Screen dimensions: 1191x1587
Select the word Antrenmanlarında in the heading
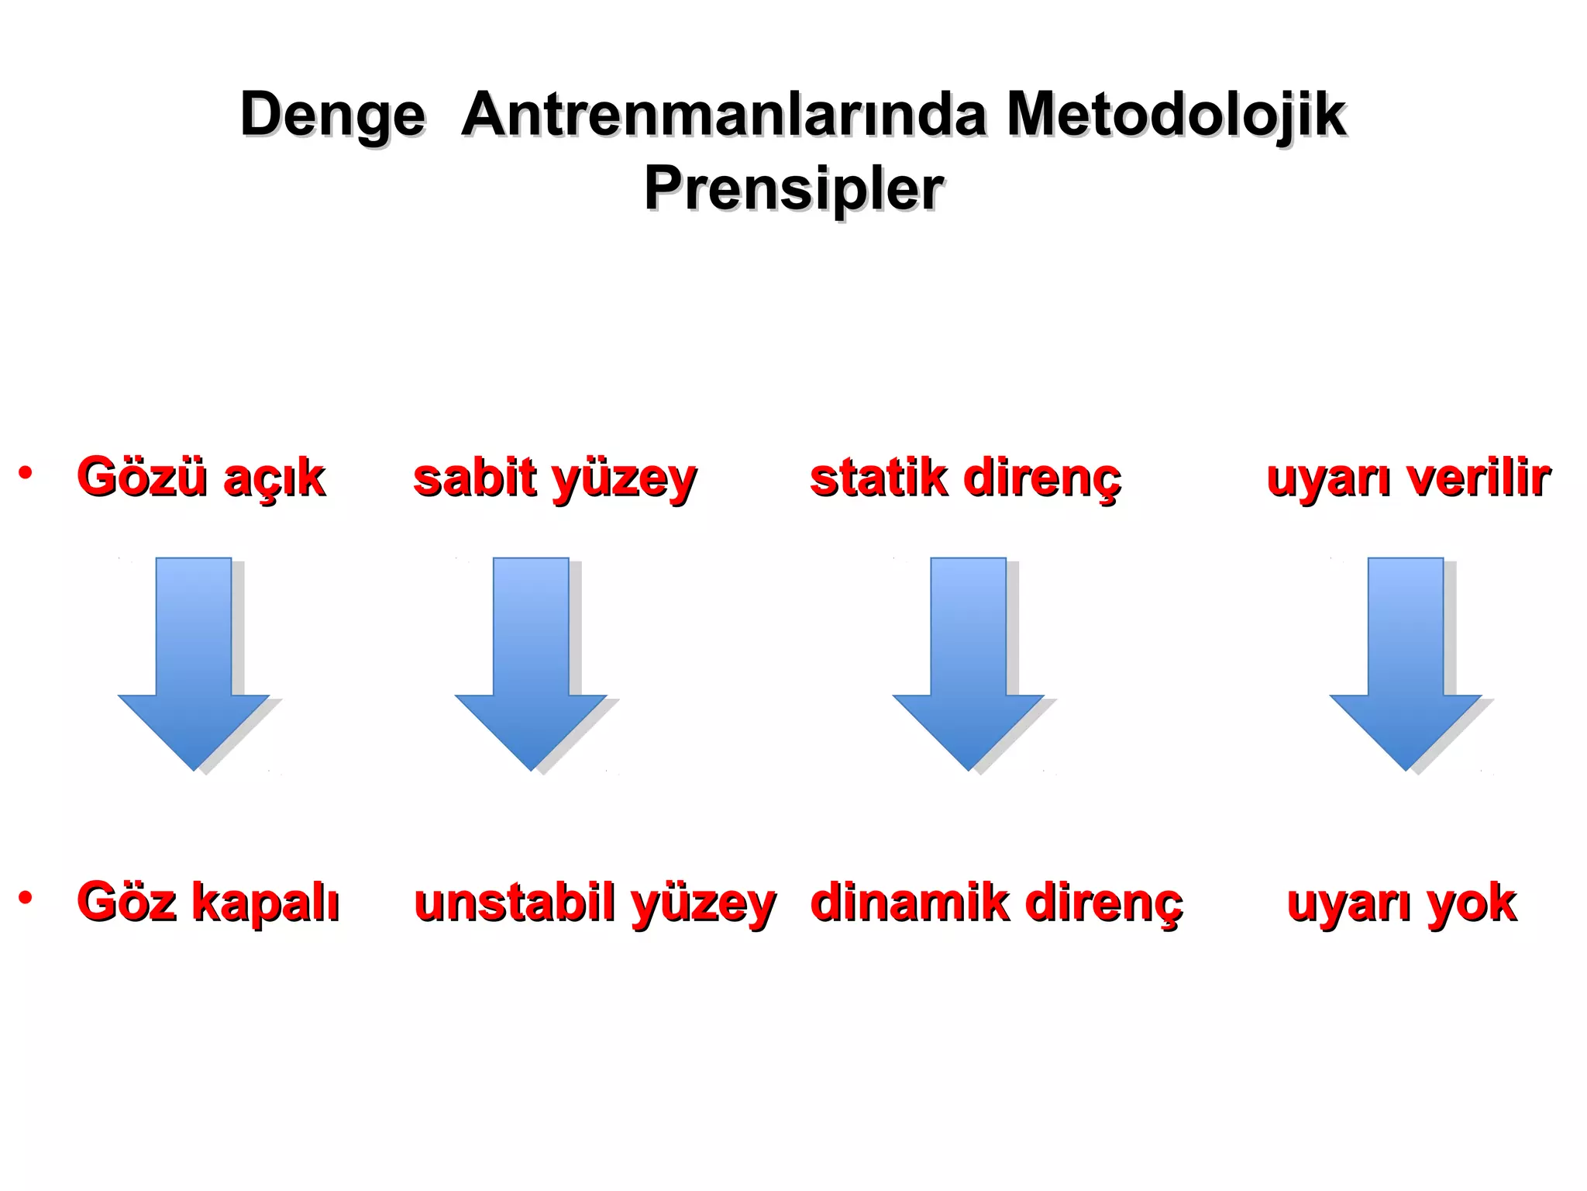coord(724,115)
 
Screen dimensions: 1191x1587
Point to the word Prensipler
coord(793,188)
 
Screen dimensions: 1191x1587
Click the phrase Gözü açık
coord(201,477)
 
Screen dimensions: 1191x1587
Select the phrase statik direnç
coord(965,478)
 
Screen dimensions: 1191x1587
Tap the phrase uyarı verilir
coord(1407,478)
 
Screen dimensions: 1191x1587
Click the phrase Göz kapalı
coord(208,903)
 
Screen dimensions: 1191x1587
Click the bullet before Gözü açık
coord(26,472)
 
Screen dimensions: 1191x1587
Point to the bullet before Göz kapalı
coord(26,898)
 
